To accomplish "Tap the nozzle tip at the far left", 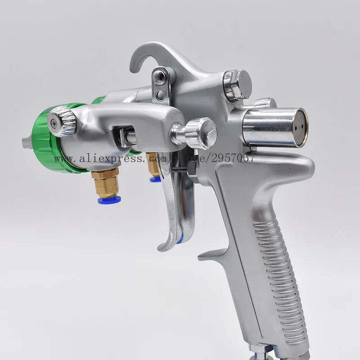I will [24, 143].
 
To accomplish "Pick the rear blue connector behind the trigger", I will [155, 179].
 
